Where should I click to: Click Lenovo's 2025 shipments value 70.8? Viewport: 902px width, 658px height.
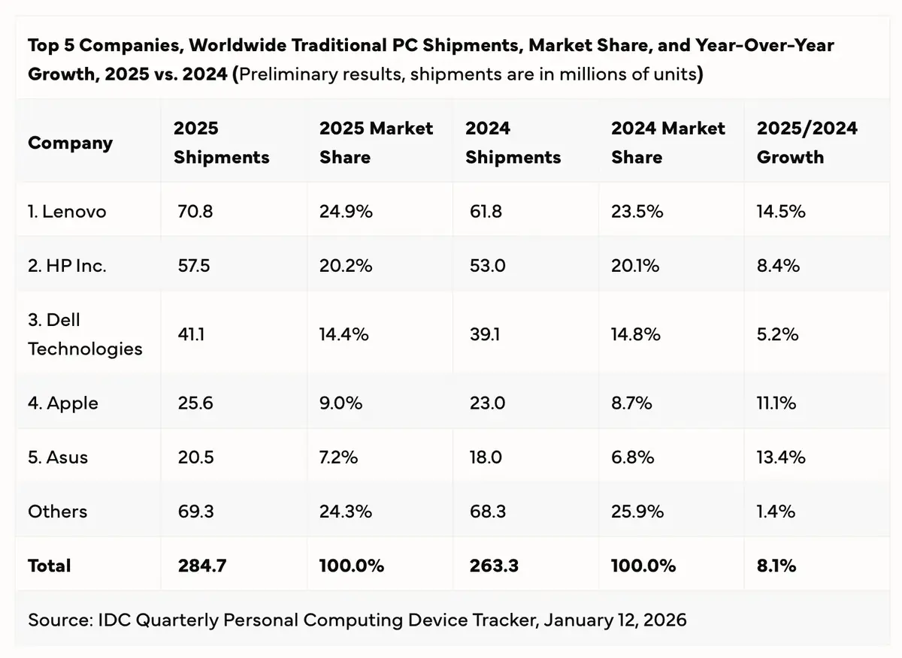click(x=194, y=212)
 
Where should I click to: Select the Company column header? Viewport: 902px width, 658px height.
click(x=70, y=143)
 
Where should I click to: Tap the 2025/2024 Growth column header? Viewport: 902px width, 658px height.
click(x=807, y=143)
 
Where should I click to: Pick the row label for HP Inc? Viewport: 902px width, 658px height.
click(x=67, y=265)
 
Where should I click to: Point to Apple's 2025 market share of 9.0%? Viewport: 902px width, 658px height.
click(x=341, y=403)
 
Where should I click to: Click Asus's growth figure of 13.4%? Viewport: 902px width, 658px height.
click(x=781, y=457)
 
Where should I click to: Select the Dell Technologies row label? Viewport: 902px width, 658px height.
click(x=85, y=334)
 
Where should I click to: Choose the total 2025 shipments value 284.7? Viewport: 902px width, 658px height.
click(x=202, y=566)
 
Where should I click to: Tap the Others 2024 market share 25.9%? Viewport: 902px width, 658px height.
click(x=637, y=512)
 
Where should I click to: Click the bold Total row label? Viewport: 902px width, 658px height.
click(x=50, y=566)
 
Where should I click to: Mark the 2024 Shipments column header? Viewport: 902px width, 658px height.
click(x=513, y=143)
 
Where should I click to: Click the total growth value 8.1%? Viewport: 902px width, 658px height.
click(x=776, y=566)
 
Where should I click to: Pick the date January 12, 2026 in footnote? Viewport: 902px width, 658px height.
click(x=615, y=620)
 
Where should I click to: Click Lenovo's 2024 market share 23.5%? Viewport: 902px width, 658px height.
click(x=637, y=212)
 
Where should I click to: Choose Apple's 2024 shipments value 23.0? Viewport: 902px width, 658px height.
click(x=486, y=403)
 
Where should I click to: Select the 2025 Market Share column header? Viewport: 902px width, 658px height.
click(x=376, y=143)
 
